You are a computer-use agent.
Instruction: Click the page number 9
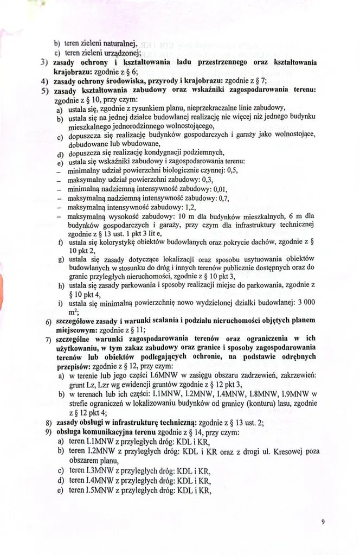tap(323, 522)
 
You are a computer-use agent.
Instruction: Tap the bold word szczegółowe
tap(74, 321)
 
